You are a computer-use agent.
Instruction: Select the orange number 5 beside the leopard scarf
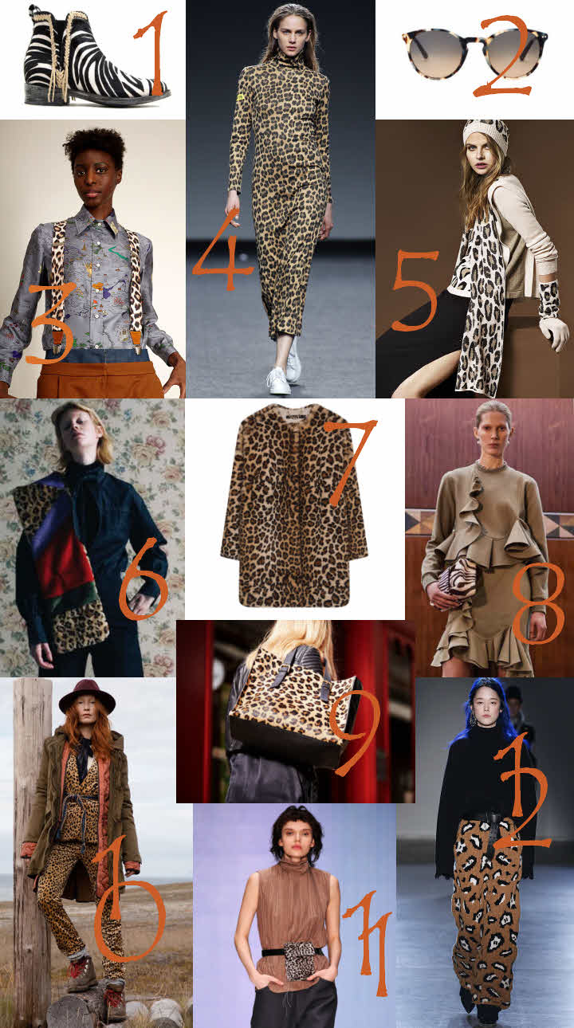coord(415,290)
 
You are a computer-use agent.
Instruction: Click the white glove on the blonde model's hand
coord(554,332)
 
